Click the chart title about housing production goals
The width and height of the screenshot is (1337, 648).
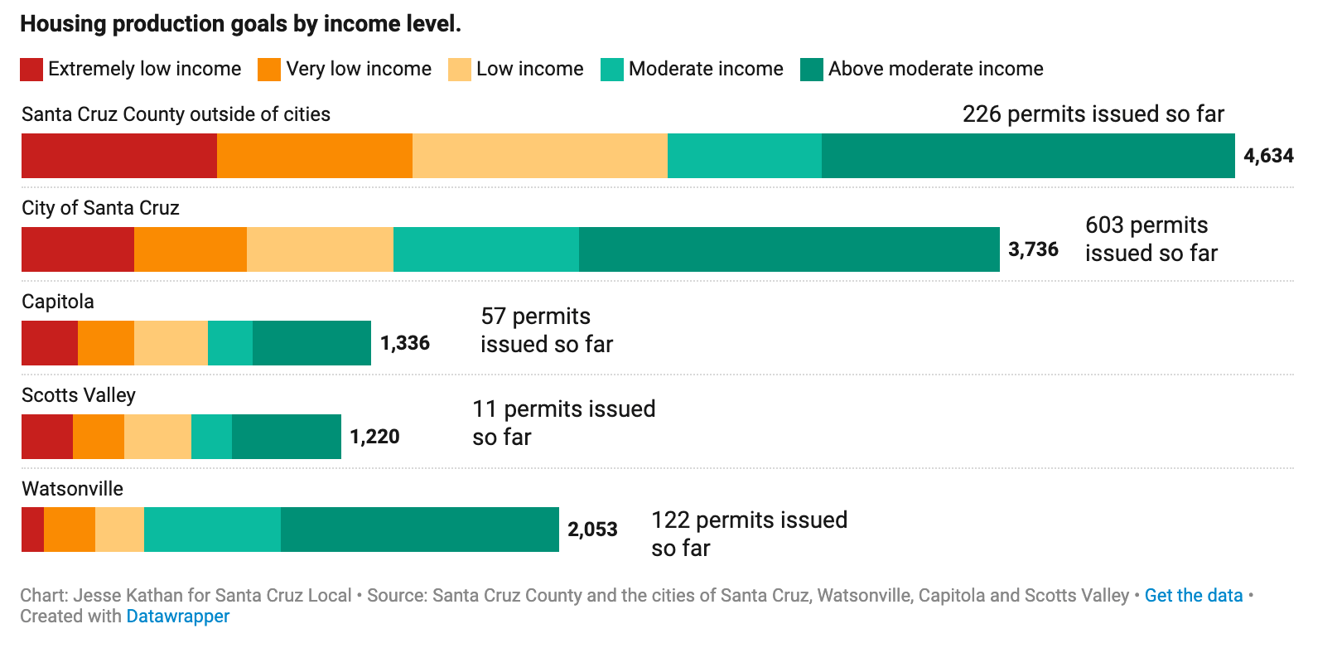(x=240, y=24)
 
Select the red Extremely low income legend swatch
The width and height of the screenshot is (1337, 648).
(x=31, y=70)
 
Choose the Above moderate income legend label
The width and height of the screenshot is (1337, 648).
(x=935, y=69)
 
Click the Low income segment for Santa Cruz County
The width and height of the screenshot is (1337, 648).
(x=539, y=156)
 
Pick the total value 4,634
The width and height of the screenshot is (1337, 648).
(x=1268, y=156)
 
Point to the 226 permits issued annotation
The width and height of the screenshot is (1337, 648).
(x=1093, y=114)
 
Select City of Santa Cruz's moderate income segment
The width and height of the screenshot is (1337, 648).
(x=485, y=249)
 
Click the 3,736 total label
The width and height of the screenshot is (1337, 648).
(x=1033, y=249)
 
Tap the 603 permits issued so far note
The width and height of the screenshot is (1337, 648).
(x=1151, y=239)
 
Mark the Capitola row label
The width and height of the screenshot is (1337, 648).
(x=58, y=302)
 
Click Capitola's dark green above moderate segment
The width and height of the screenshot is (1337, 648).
(x=311, y=343)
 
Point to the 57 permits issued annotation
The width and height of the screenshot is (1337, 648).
(x=547, y=331)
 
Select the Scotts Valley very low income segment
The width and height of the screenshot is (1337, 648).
(x=99, y=437)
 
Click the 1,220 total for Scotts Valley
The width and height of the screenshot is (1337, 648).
(x=374, y=437)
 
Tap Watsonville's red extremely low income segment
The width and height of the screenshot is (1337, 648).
(x=32, y=530)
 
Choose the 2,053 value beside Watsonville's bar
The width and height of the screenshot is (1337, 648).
(x=592, y=530)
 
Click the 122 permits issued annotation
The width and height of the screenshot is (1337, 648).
(x=749, y=534)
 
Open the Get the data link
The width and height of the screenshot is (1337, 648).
(x=1193, y=596)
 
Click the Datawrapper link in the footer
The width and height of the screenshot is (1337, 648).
(x=177, y=617)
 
